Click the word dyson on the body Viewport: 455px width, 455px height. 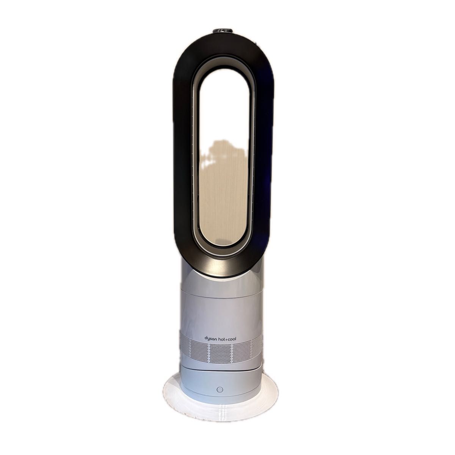(x=210, y=338)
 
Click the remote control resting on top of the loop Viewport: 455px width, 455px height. (x=223, y=30)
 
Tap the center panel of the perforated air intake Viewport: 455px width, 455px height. (x=221, y=353)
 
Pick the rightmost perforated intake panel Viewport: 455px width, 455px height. (x=257, y=346)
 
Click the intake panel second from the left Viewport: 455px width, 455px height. (x=199, y=351)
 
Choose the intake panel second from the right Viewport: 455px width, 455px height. (x=242, y=351)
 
